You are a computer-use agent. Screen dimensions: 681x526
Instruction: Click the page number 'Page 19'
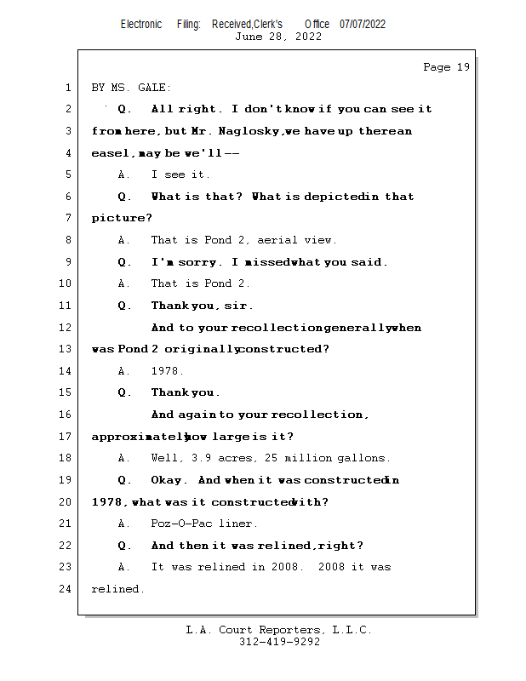tap(446, 67)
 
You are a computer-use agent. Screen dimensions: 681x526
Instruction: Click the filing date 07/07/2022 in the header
tap(363, 24)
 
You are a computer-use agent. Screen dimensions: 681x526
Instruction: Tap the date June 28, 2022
tap(278, 37)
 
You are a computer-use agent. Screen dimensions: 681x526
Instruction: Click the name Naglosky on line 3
tap(249, 131)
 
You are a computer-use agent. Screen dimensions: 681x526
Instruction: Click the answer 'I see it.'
tap(180, 175)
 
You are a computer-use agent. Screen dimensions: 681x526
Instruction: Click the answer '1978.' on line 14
tap(168, 371)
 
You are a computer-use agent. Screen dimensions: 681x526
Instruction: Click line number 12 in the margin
tap(66, 328)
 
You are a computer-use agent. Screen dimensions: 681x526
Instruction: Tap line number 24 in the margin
tap(66, 589)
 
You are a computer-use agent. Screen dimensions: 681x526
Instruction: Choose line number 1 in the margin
tap(66, 88)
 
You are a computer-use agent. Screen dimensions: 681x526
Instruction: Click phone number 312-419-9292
tap(278, 642)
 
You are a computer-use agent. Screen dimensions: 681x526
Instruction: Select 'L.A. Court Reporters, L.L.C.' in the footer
tap(278, 630)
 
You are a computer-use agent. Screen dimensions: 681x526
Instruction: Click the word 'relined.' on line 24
tap(117, 589)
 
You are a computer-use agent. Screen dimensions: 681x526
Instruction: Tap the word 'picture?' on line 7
tap(117, 219)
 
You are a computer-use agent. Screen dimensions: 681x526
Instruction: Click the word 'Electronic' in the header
tap(141, 24)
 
